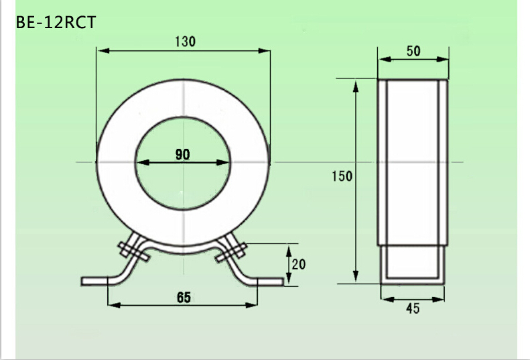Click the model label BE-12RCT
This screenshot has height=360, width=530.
click(56, 22)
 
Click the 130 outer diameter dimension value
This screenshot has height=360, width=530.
click(184, 41)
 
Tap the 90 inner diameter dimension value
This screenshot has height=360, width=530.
click(182, 154)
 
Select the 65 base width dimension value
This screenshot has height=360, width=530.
click(183, 298)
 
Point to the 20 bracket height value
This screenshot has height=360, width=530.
click(298, 264)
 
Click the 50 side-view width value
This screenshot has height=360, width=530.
click(413, 51)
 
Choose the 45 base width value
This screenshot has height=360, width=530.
click(413, 308)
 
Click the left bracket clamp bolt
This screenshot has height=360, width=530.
click(133, 251)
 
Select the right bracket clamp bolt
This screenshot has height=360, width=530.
click(232, 252)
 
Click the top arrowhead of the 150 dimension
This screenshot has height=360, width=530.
click(356, 84)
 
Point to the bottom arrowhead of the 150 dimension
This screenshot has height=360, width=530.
click(356, 278)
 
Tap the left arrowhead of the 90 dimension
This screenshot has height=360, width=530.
click(141, 162)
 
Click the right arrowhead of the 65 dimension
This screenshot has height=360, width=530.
click(252, 305)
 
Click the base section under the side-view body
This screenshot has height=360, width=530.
click(411, 265)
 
